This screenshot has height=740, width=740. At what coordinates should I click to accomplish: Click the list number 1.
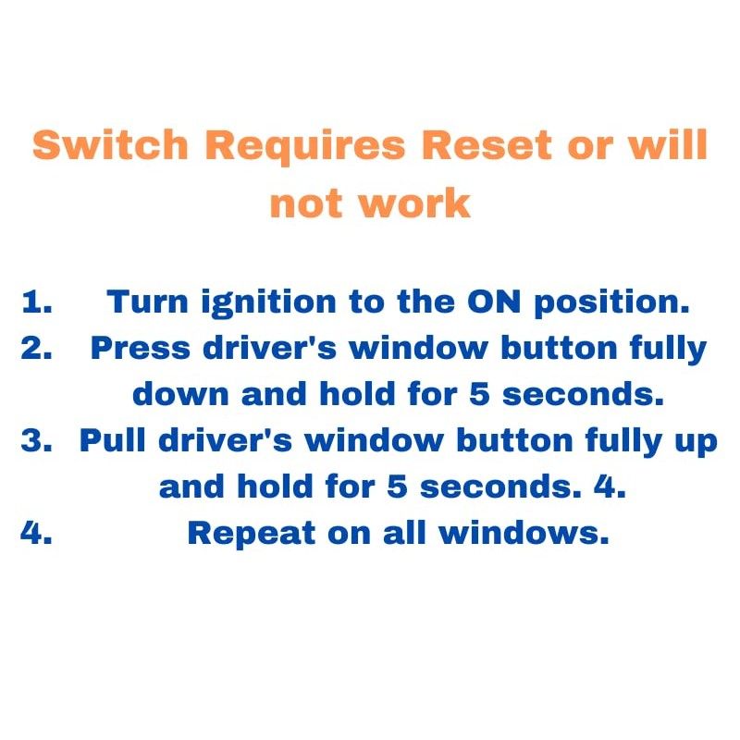(x=36, y=302)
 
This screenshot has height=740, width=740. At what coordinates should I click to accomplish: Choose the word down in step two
(x=181, y=395)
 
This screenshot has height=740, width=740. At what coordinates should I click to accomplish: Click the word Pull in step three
(x=111, y=441)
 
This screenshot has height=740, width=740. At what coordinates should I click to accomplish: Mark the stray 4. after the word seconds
(x=610, y=487)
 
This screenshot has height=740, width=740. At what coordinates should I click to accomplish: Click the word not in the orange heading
(x=309, y=203)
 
